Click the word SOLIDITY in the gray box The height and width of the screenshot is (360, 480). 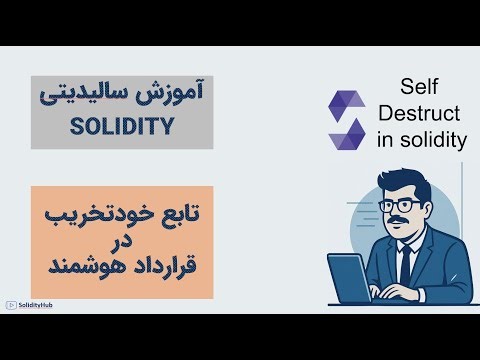point(122,128)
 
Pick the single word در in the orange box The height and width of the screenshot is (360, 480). point(121,243)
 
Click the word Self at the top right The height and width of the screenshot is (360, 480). point(421,87)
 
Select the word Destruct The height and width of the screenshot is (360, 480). point(421,113)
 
